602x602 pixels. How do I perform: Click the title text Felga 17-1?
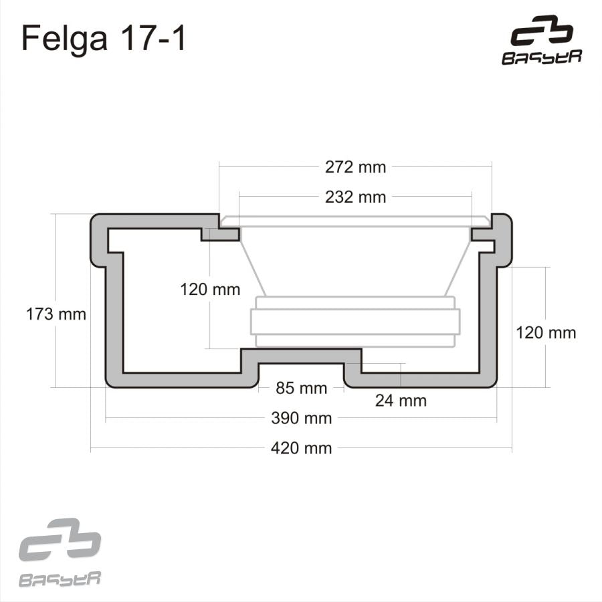point(104,39)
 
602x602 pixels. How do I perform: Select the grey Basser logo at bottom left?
point(60,553)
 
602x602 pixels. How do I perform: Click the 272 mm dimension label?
point(355,167)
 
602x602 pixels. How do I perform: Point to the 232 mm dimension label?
point(355,197)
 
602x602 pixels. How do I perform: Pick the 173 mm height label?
point(56,314)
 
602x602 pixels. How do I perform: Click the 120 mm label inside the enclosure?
point(210,290)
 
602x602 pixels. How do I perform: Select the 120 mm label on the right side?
point(545,332)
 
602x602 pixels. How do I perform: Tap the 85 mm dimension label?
point(301,388)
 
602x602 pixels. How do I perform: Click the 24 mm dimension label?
point(400,401)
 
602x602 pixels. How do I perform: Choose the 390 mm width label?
point(301,419)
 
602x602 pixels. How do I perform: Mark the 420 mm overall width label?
point(301,448)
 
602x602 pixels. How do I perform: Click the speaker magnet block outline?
point(355,321)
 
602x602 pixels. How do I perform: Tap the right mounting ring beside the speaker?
point(483,234)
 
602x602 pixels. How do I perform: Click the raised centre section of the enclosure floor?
point(301,356)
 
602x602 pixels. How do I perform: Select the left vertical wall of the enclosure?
point(114,314)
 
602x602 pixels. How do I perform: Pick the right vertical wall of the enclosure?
point(488,314)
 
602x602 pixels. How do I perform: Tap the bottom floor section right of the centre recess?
point(421,380)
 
